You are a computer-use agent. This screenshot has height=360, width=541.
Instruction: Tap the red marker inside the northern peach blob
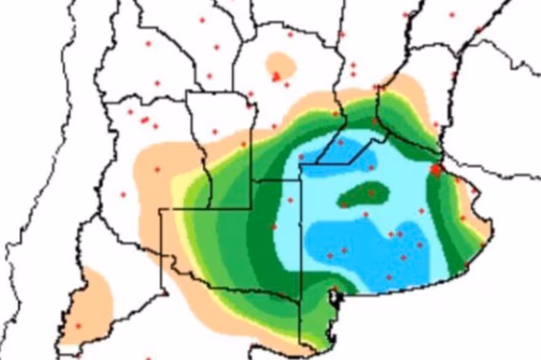[x=276, y=77]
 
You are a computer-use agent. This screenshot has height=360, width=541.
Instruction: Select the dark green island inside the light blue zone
[x=364, y=194]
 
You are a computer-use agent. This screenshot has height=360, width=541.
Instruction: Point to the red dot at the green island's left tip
[x=344, y=204]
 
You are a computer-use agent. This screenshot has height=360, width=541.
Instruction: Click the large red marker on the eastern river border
[x=436, y=170]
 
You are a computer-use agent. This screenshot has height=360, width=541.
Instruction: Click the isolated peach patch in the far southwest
[x=90, y=304]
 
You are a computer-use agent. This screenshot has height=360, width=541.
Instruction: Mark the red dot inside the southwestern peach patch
[x=77, y=326]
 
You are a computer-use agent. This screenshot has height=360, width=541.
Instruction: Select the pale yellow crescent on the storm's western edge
[x=178, y=190]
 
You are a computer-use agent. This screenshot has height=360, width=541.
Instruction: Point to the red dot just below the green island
[x=365, y=214]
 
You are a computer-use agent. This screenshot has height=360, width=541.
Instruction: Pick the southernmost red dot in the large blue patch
[x=389, y=277]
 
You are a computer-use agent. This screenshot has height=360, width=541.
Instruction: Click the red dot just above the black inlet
[x=334, y=288]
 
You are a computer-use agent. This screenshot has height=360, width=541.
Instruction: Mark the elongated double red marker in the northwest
[x=145, y=120]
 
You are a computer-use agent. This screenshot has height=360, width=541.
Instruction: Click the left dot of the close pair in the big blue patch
[x=390, y=234]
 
